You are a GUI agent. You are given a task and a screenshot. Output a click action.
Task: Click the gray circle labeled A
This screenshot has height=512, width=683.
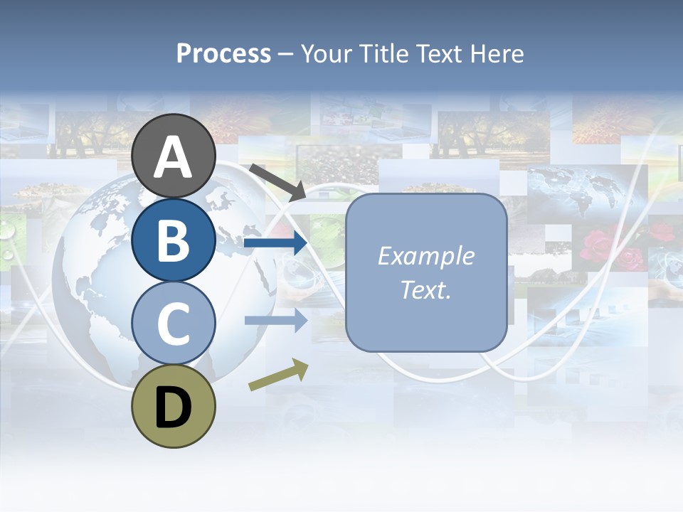point(173,142)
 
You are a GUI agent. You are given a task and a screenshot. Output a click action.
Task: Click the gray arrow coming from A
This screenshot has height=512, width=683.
point(277,181)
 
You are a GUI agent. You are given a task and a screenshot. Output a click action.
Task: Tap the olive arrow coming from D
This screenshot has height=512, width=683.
point(278,375)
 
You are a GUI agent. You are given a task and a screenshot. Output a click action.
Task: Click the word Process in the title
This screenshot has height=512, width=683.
point(223,54)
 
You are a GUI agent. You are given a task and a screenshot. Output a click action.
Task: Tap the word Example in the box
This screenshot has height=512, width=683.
point(425,256)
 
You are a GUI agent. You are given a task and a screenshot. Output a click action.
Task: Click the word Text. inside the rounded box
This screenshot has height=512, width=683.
point(425,289)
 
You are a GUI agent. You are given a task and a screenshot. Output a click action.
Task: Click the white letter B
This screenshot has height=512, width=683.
point(173,240)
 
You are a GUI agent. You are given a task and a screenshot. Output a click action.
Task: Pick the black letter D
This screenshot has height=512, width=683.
point(173,407)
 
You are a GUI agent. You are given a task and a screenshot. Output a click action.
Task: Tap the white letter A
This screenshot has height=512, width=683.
point(173,157)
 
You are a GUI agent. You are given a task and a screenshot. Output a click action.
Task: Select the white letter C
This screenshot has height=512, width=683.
point(173,324)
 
